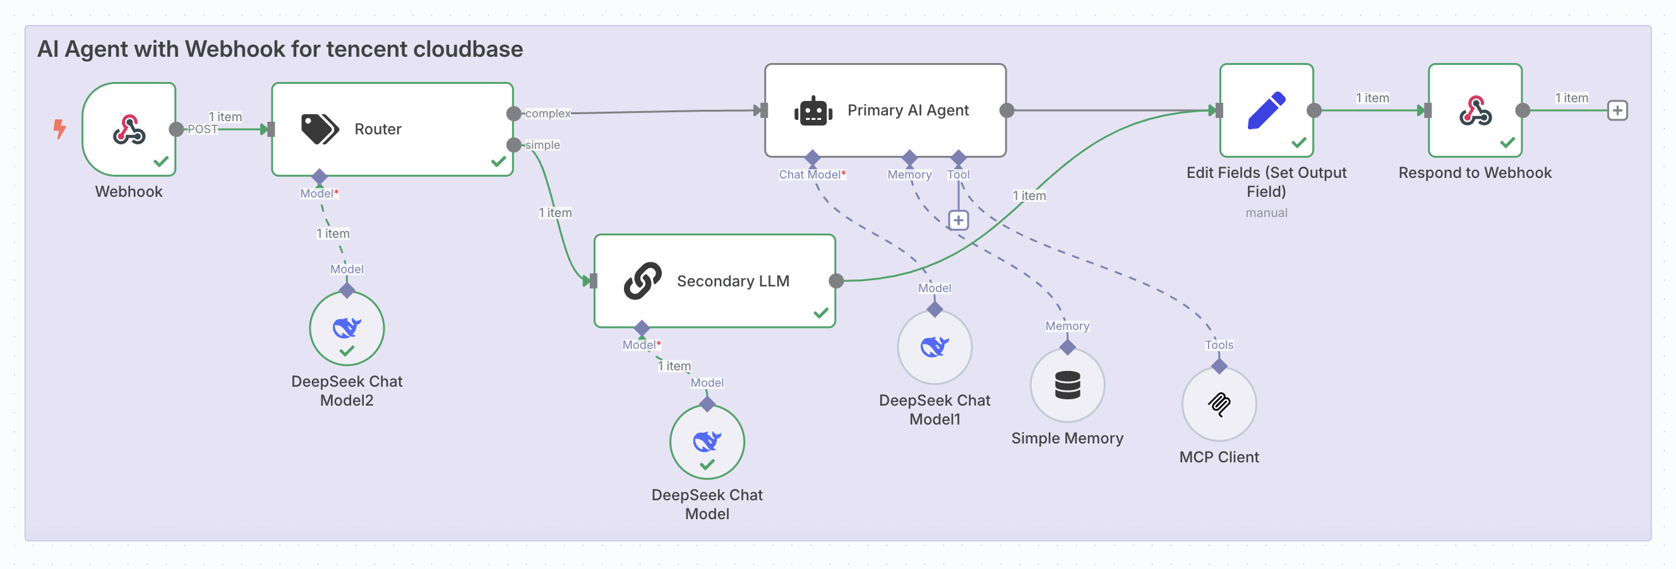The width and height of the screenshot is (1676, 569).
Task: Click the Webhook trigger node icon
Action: pos(129,129)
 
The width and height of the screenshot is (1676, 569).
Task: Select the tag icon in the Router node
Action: pos(320,129)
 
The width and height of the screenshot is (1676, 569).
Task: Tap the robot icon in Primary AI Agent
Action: pos(813,111)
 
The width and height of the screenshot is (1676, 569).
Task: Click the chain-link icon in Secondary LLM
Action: pos(642,281)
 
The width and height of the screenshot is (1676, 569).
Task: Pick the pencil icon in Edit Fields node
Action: pos(1266,110)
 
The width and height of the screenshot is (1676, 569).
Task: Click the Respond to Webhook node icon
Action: pos(1475,110)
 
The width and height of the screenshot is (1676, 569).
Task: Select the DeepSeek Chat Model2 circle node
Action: pos(347,328)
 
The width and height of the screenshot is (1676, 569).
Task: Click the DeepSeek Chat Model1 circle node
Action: pos(934,346)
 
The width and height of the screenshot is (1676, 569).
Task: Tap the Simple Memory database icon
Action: pos(1067,385)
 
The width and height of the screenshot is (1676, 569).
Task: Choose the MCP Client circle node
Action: pos(1219,404)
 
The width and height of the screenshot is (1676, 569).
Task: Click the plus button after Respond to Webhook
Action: pos(1617,110)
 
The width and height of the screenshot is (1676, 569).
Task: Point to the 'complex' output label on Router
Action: pos(547,114)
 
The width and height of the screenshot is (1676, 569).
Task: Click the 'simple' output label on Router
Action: pos(542,145)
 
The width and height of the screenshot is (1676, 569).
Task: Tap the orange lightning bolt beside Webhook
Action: pos(60,128)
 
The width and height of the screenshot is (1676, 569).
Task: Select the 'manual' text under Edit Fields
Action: pos(1266,213)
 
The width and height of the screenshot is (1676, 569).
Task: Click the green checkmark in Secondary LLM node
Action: pos(820,313)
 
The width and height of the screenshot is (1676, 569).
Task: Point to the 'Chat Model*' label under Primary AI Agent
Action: pos(812,174)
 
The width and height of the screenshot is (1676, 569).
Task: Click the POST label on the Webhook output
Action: pos(202,129)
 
